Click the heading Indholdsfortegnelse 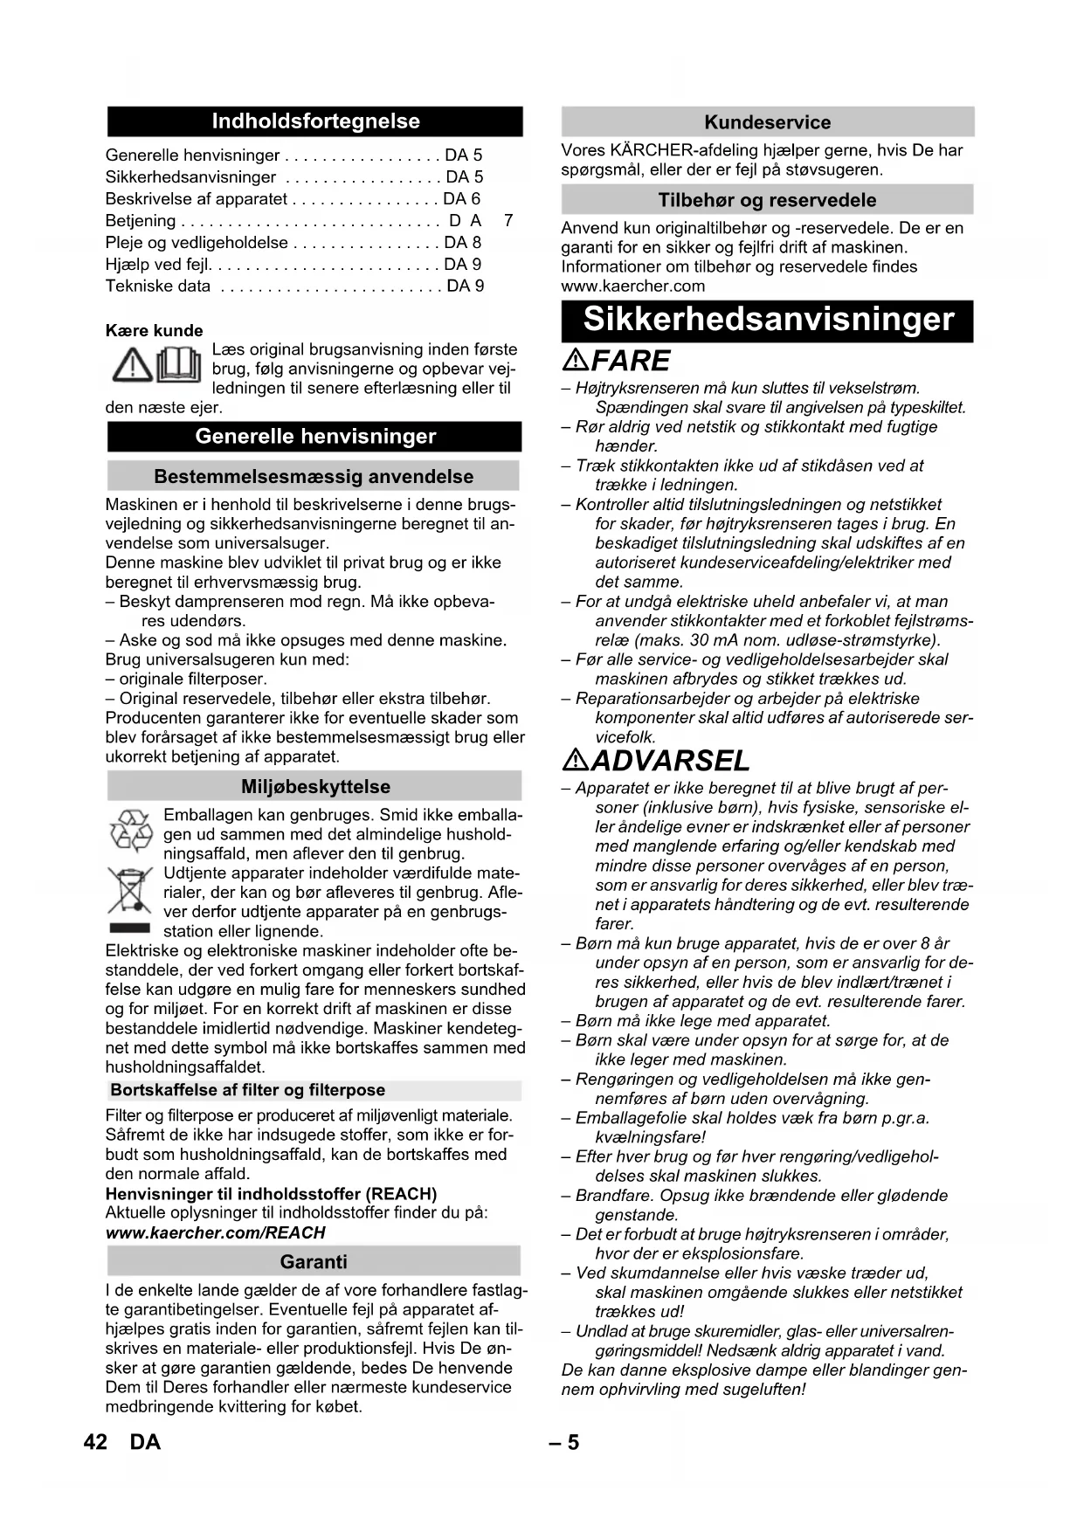315,121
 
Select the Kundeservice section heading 767,122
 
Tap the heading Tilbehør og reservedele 767,200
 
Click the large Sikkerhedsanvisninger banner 768,320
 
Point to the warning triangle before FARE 576,359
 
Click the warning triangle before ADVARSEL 576,760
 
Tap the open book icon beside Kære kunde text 178,364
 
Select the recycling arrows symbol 130,830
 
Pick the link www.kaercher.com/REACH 215,1232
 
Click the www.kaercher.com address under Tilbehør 632,286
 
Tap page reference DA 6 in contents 462,199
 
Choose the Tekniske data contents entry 158,286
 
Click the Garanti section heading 314,1261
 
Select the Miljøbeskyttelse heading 315,786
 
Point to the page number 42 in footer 95,1442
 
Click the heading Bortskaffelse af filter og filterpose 247,1090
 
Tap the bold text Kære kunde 154,330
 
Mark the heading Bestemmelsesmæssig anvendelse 314,477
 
